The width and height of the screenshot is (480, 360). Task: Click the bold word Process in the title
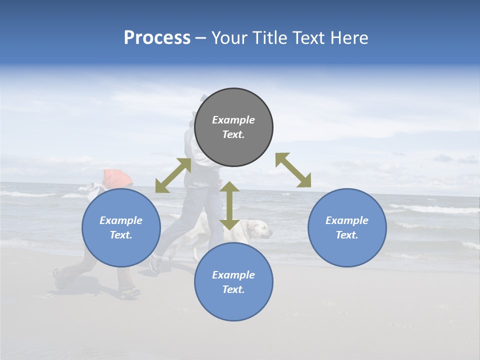(157, 38)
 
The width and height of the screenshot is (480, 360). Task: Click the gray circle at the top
(233, 127)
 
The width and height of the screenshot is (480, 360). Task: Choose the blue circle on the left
(121, 228)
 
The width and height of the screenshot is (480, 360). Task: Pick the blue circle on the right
(347, 228)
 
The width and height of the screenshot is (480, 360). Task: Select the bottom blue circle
(233, 282)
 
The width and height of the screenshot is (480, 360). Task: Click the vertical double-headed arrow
(229, 205)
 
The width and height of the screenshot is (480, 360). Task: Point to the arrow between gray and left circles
(173, 175)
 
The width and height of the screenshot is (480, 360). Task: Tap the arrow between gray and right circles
(293, 170)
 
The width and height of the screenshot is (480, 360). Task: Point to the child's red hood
(117, 177)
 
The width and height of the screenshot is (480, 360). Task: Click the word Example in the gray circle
(233, 120)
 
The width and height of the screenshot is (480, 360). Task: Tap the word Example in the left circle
(121, 220)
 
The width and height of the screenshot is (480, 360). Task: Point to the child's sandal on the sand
(129, 293)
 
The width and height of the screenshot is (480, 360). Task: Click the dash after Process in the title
(200, 38)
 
